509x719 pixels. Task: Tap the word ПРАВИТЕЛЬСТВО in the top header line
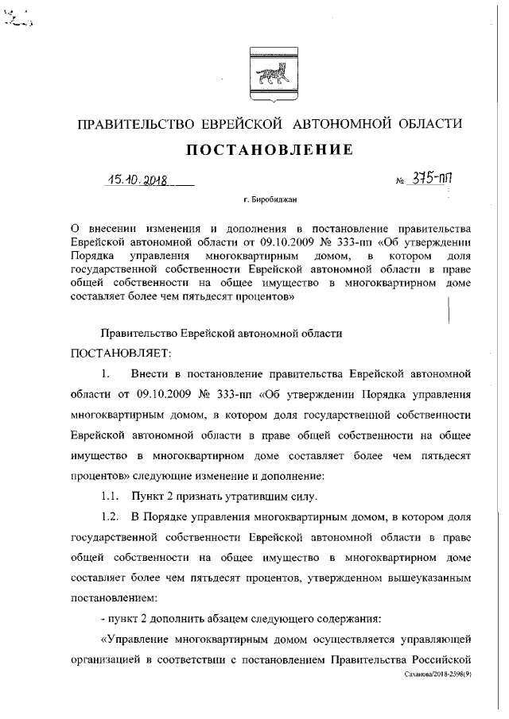pyautogui.click(x=130, y=123)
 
